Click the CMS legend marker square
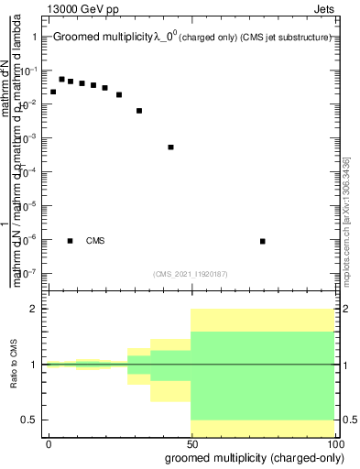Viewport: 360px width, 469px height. pos(70,241)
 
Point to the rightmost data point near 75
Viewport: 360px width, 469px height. pos(263,241)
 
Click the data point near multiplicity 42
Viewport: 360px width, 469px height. pos(171,147)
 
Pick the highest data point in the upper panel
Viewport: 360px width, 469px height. pos(61,79)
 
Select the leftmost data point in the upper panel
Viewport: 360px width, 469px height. pos(53,92)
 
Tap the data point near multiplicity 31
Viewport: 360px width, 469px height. pos(139,111)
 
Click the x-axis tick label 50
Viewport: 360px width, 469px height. pos(191,443)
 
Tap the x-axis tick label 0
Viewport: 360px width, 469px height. pos(49,443)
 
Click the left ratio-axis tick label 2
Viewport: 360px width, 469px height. pos(34,309)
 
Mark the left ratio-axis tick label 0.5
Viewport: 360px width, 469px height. pos(30,420)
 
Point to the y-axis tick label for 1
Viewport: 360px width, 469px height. pos(34,38)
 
